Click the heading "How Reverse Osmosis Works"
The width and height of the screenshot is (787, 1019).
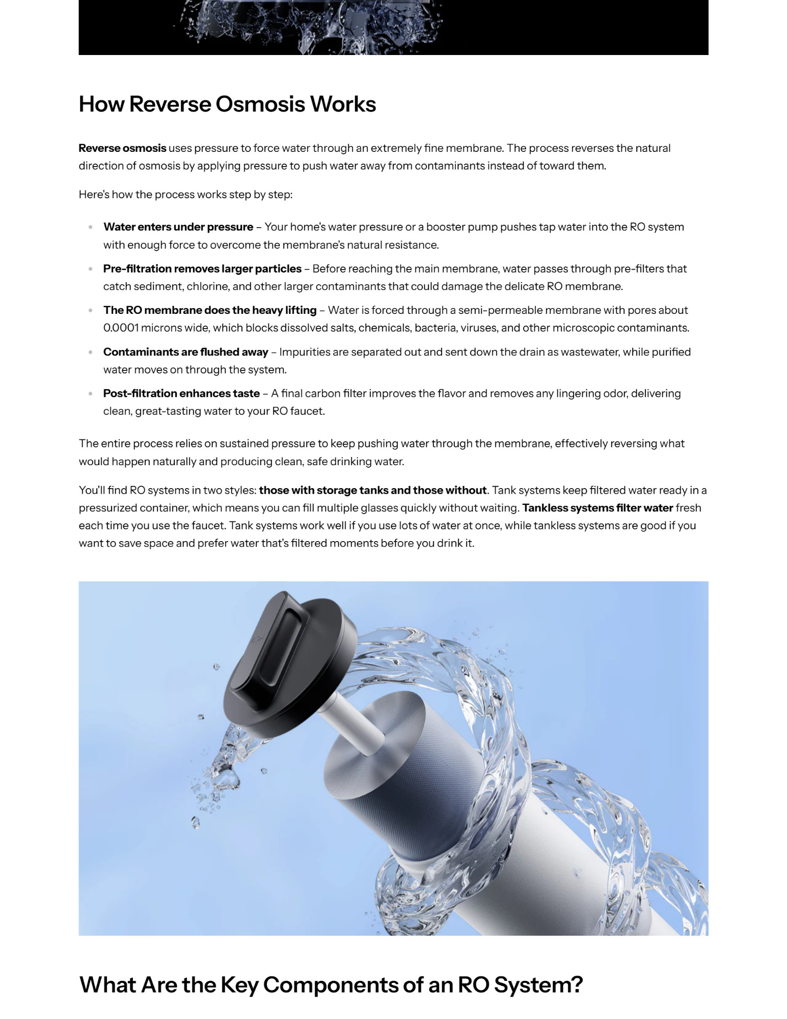click(x=227, y=104)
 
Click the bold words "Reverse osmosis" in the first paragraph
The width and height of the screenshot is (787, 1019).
click(x=122, y=148)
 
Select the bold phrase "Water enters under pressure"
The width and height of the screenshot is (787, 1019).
click(x=178, y=227)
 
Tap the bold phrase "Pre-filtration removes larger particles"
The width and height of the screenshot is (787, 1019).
click(x=202, y=269)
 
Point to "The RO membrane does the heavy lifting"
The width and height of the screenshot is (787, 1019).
click(x=210, y=310)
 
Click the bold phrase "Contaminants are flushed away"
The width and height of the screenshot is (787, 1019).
click(x=185, y=352)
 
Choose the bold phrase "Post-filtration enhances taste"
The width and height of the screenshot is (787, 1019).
click(x=181, y=394)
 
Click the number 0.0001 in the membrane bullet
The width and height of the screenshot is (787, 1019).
click(x=121, y=328)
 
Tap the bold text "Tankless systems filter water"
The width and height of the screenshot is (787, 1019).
click(x=598, y=508)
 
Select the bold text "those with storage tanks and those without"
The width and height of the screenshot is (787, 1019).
click(x=372, y=490)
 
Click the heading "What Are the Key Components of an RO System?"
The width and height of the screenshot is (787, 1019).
click(x=331, y=985)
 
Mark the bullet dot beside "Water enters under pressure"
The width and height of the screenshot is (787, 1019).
click(x=91, y=227)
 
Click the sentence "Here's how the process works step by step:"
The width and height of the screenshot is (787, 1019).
click(x=185, y=195)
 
